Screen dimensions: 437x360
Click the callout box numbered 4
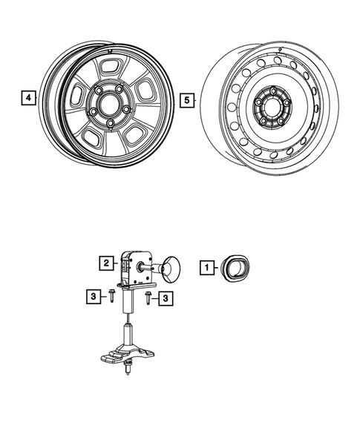coord(27,97)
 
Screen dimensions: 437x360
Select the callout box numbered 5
coord(188,97)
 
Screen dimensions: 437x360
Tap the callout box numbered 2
coord(107,263)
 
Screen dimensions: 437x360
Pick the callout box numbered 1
coord(209,265)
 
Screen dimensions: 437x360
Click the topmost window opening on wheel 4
coord(111,66)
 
